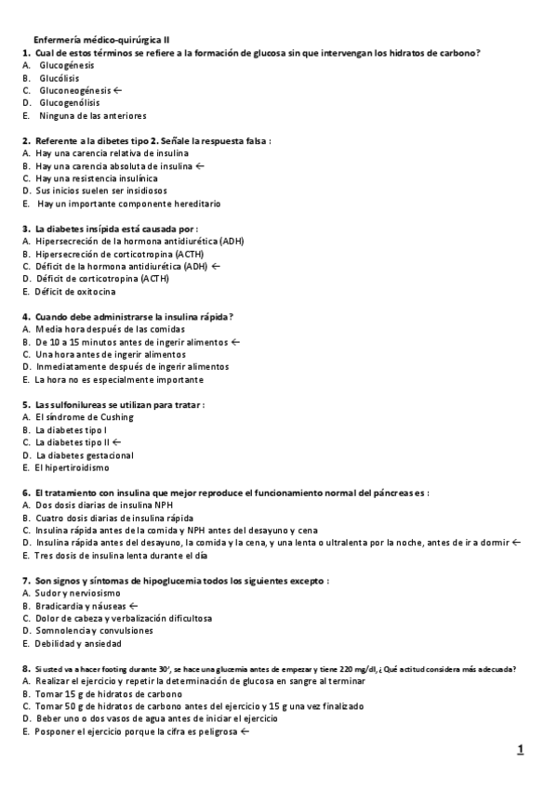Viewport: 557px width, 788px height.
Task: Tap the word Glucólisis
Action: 60,79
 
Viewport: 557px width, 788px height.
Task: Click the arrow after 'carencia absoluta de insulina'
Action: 200,165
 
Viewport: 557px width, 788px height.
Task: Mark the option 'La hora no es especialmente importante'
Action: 118,379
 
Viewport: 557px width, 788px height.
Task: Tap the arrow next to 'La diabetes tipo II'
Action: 116,442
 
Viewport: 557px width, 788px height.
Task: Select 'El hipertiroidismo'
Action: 77,467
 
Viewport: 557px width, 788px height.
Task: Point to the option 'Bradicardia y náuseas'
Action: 80,605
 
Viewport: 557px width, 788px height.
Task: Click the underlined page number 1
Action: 521,749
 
